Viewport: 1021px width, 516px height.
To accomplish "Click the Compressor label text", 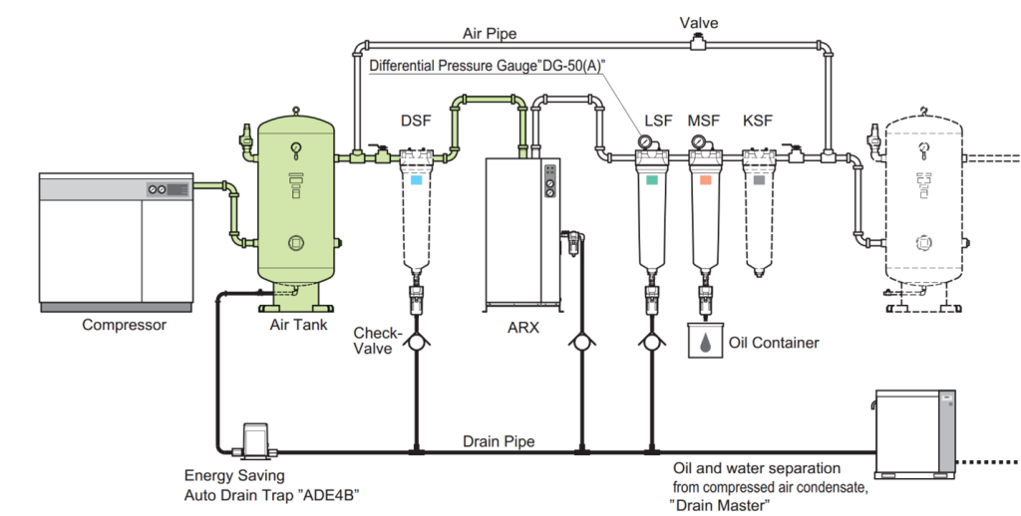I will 124,325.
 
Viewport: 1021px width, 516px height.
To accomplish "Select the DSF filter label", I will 416,121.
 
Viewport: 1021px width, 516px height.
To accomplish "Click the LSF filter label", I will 658,121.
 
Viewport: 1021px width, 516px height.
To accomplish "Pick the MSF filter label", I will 706,121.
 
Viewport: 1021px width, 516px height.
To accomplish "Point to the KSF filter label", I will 758,121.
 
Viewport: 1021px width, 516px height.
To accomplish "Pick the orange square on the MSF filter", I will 705,181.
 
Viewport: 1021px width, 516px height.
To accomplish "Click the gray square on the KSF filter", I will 760,181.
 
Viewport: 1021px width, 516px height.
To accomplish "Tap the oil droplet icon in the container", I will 706,343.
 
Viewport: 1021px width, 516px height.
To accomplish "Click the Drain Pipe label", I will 498,440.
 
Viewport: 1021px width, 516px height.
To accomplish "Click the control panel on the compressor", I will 167,187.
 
